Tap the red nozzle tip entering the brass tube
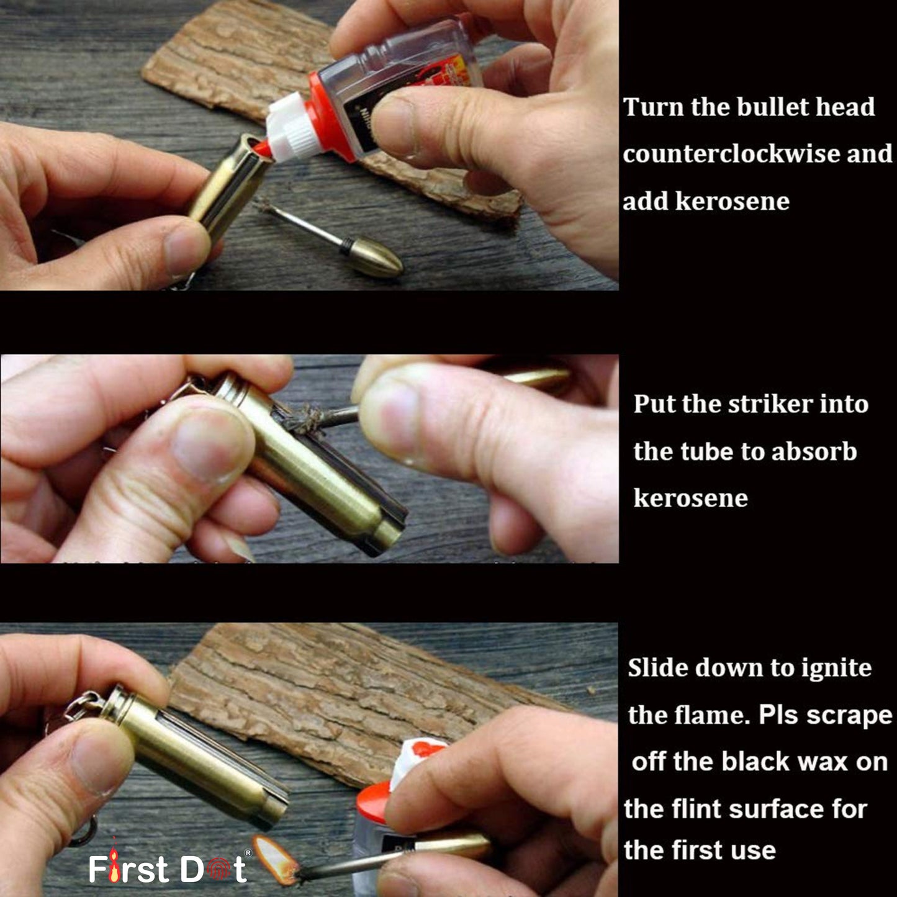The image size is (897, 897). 261,149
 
